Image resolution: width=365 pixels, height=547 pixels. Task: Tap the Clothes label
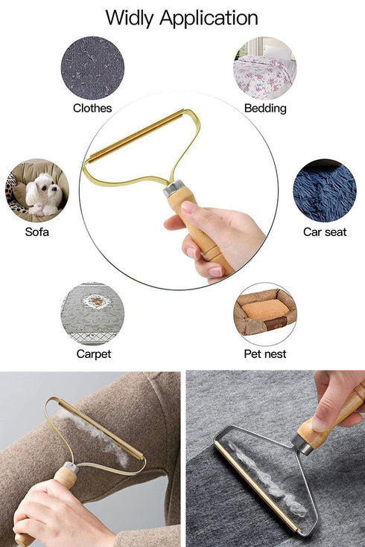pyautogui.click(x=92, y=109)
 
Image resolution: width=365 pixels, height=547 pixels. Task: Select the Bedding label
pyautogui.click(x=265, y=109)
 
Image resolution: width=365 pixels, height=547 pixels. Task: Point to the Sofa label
pyautogui.click(x=37, y=232)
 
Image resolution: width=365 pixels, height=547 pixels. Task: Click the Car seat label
pyautogui.click(x=325, y=232)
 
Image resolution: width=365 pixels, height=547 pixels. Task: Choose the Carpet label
pyautogui.click(x=93, y=354)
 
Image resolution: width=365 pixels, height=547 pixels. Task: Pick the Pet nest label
pyautogui.click(x=265, y=354)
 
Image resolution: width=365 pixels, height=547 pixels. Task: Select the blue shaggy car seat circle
pyautogui.click(x=325, y=191)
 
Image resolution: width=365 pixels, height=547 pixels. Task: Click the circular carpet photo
pyautogui.click(x=93, y=313)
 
